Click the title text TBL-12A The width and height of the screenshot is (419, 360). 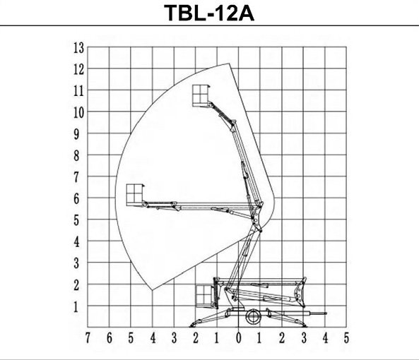click(x=209, y=13)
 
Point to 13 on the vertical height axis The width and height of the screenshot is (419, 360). click(x=79, y=48)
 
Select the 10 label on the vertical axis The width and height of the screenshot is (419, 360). click(x=79, y=113)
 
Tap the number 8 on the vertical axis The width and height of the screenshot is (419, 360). click(x=77, y=156)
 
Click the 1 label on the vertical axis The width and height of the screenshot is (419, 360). click(x=76, y=307)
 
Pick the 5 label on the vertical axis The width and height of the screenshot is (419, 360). click(x=77, y=221)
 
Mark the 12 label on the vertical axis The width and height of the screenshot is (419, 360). click(x=79, y=70)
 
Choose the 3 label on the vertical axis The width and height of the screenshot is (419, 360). click(x=77, y=264)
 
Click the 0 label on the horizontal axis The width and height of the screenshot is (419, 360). click(x=239, y=338)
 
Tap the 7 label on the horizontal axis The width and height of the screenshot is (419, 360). click(x=88, y=338)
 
